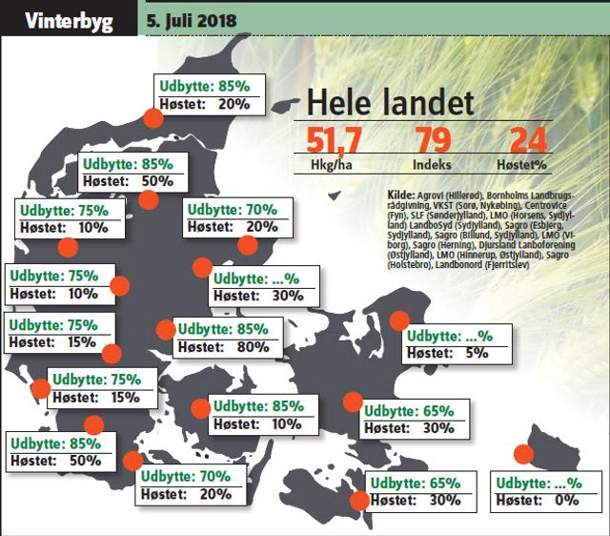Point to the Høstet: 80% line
point(221,346)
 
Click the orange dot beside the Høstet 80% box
point(166,330)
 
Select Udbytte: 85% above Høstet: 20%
point(205,86)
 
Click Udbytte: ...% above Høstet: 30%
point(258,278)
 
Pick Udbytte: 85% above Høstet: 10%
point(259,405)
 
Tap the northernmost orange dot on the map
point(152,117)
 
